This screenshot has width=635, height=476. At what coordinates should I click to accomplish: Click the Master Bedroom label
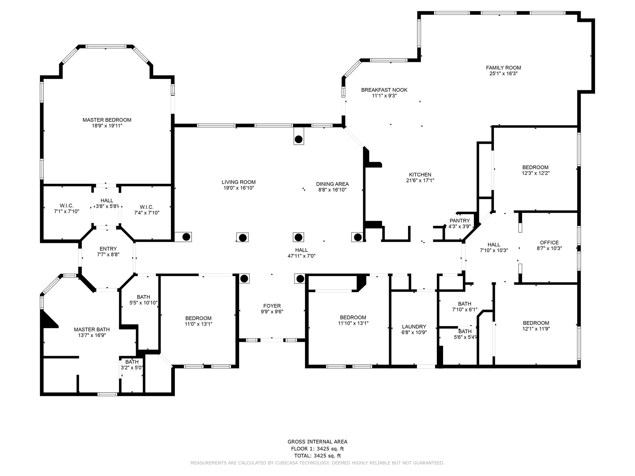(107, 120)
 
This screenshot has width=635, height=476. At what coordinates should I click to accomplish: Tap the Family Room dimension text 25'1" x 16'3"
(503, 74)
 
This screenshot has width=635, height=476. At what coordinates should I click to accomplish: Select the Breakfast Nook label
(384, 90)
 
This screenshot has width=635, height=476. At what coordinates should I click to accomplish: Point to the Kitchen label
(420, 175)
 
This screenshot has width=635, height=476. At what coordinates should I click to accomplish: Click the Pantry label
(460, 221)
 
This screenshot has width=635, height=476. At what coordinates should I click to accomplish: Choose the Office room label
(549, 243)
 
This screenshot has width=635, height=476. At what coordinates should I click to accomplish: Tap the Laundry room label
(414, 327)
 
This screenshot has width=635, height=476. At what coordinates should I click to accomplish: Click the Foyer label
(272, 306)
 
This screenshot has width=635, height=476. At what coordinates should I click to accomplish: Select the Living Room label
(238, 182)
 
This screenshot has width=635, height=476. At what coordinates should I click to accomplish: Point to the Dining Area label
(332, 184)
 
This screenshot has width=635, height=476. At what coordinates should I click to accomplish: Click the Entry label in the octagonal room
(108, 249)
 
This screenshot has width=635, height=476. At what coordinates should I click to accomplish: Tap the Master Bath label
(92, 329)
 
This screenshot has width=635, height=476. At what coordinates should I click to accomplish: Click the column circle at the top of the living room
(299, 139)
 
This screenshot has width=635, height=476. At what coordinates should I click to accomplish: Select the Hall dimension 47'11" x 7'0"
(302, 256)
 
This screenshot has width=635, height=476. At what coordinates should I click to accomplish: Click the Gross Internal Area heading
(317, 442)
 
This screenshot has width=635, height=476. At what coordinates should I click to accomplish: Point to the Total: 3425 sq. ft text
(317, 456)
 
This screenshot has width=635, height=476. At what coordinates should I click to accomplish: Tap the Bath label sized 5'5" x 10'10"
(144, 297)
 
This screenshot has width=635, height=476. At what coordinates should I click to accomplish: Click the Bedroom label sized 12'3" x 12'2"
(535, 168)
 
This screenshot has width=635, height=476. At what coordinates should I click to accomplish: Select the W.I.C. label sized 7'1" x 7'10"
(67, 206)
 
